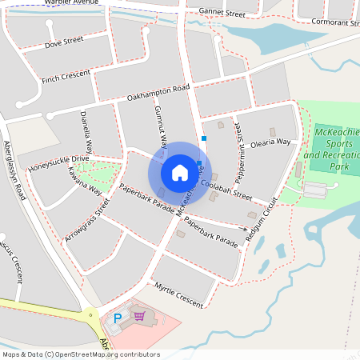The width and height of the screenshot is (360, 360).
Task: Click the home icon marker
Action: tap(180, 172)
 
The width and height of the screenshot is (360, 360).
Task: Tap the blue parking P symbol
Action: tap(118, 318)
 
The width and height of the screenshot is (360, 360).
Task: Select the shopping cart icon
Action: tap(140, 316)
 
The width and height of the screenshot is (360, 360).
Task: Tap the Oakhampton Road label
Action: tap(158, 93)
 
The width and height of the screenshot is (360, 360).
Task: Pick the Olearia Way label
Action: tap(272, 142)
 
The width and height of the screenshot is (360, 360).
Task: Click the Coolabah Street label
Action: tap(226, 189)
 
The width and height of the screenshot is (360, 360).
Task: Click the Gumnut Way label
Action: tap(160, 126)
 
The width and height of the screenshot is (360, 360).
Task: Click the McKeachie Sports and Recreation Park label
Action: tap(333, 148)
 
